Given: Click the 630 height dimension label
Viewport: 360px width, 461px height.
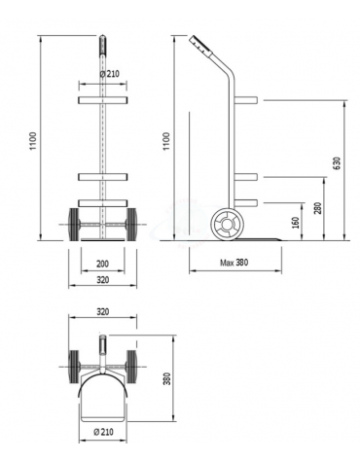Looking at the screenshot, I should [x=338, y=162].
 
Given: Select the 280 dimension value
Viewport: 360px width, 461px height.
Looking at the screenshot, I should [x=318, y=209].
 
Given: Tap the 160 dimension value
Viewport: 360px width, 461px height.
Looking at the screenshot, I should [x=296, y=223].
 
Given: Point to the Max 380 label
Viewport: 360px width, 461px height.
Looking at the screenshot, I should [x=233, y=262].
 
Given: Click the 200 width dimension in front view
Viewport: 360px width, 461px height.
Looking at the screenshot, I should [x=102, y=264].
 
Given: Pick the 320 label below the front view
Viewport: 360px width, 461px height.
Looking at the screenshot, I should [x=102, y=279].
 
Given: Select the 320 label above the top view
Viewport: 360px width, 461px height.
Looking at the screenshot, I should [x=103, y=312].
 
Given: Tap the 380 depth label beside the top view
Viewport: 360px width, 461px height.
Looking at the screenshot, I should [x=166, y=377].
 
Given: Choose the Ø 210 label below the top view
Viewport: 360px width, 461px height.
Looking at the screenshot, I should [x=102, y=431].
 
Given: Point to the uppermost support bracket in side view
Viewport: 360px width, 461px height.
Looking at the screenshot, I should [x=245, y=100].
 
